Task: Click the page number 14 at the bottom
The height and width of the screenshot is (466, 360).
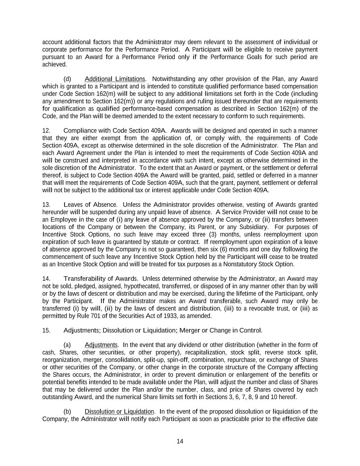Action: (180, 441)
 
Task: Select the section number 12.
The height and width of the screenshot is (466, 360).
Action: (46, 131)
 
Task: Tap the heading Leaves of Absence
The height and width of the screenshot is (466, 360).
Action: (90, 205)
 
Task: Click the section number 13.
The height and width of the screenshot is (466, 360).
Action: (46, 205)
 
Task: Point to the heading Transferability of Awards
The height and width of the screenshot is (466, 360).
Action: (101, 279)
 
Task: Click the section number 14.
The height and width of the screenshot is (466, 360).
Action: (46, 279)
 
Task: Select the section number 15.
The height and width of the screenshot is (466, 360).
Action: (46, 330)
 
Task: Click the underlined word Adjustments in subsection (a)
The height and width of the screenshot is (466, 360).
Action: (101, 345)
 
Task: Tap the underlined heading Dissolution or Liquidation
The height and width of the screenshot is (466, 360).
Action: (119, 411)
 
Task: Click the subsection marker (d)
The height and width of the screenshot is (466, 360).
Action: (67, 79)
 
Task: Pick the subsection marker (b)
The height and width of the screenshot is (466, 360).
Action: (67, 411)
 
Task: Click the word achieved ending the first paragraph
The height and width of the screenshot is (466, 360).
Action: (54, 65)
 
